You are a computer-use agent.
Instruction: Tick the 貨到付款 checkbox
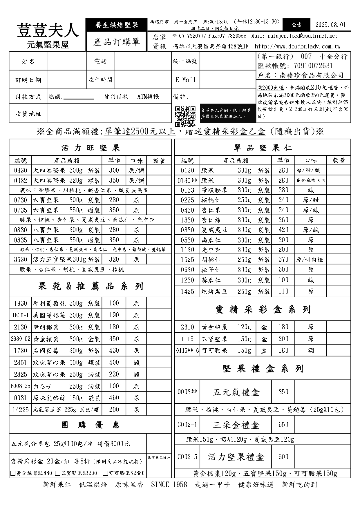(101, 97)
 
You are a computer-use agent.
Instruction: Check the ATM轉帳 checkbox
(134, 97)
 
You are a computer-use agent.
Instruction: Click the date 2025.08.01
(330, 25)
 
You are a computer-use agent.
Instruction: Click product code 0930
(20, 171)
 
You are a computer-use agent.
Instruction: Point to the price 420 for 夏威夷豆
(283, 230)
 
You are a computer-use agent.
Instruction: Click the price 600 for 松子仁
(283, 270)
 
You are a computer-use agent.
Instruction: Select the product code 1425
(187, 291)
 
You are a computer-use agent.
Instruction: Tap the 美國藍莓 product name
(46, 351)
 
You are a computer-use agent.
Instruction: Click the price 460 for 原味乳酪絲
(114, 398)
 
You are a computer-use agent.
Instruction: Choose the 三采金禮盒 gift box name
(236, 425)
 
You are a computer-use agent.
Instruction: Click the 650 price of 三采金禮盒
(283, 425)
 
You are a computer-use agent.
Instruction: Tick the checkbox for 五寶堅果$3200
(58, 473)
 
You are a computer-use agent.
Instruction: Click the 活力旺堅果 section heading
(90, 148)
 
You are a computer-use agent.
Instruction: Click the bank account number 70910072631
(313, 66)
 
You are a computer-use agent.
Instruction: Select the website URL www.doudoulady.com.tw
(297, 46)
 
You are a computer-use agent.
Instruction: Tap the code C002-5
(187, 457)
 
